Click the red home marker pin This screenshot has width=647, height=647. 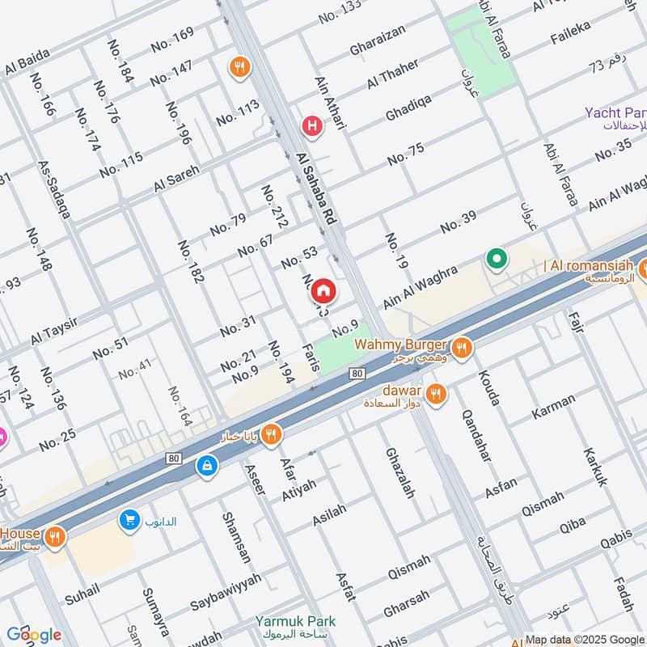click(x=323, y=290)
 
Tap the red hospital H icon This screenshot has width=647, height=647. click(x=311, y=125)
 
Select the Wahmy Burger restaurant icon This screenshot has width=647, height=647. click(x=461, y=348)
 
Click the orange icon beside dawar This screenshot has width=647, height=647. click(x=436, y=394)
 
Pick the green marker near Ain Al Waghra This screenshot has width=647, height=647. click(x=496, y=260)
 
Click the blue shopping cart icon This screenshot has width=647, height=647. click(x=129, y=520)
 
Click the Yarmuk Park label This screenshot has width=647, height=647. click(x=295, y=621)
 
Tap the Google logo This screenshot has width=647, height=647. click(x=33, y=635)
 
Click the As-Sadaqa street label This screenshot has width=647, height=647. click(x=54, y=189)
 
